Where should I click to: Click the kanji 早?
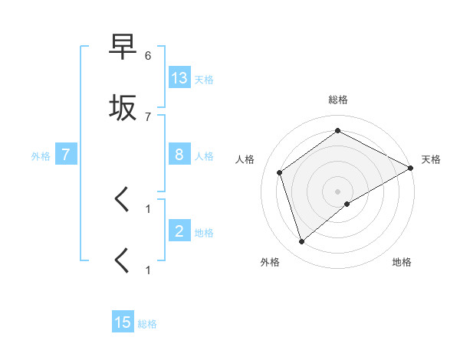coord(123,50)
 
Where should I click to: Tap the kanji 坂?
coord(123,108)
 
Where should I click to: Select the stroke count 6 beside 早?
coord(148,56)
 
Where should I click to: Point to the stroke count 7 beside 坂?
coord(148,116)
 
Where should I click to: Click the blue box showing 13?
coord(179,78)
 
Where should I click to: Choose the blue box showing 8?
coord(179,155)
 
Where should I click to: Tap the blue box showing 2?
coord(179,231)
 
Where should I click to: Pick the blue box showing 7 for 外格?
coord(66,155)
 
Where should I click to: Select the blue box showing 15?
coord(123,322)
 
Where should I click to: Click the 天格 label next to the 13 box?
coord(204,79)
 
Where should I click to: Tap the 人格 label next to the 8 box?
coord(204,155)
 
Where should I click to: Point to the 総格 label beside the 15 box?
coord(147,323)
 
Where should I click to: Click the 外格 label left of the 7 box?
coord(41,155)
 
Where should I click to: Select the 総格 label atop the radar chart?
coord(337,100)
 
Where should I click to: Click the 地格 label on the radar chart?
coord(402,262)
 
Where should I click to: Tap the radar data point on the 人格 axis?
coord(280,172)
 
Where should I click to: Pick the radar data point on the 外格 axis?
coord(302,242)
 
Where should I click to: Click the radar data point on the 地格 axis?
coord(347,204)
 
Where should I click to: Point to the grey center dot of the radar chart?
coord(338,191)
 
